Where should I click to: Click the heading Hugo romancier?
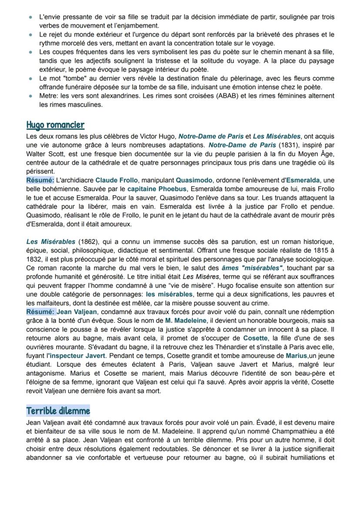pos(55,125)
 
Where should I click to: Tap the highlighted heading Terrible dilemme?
pos(58,410)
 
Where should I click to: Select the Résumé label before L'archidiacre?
pos(40,180)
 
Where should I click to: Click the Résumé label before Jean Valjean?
pos(40,312)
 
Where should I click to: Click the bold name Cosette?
pos(255,339)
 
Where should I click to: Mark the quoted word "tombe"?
pos(69,79)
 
